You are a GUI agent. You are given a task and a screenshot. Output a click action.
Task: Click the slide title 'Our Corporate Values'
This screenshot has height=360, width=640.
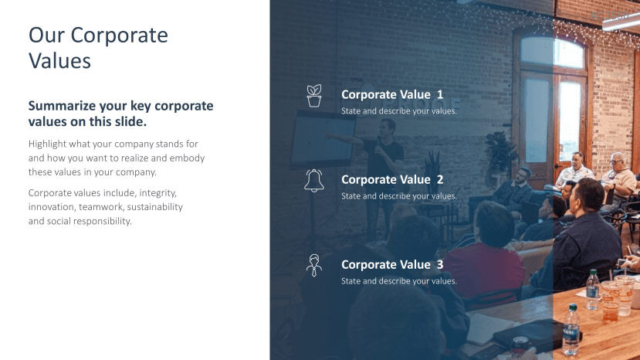point(98,48)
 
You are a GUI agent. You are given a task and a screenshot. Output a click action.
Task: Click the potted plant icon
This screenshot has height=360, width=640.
point(314,96)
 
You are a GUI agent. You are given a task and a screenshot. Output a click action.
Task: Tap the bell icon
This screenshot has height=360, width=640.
point(314,181)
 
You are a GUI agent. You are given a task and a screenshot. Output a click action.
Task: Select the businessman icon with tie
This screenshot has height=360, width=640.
point(314,265)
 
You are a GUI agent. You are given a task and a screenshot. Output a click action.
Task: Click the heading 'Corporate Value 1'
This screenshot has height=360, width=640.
point(392,94)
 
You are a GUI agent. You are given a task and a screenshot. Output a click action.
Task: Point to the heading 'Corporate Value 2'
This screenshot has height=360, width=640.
point(392,179)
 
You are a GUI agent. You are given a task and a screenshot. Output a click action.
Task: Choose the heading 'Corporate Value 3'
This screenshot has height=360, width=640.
point(392,264)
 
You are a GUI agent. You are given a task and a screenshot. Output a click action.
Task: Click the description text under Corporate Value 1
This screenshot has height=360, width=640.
point(399,111)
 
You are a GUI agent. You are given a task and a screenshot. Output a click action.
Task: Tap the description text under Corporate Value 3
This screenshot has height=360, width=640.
point(399,281)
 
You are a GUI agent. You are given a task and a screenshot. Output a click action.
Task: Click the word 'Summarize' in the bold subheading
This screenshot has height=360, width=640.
point(62,106)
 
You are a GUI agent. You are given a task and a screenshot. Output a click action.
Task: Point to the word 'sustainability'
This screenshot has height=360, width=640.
point(154,207)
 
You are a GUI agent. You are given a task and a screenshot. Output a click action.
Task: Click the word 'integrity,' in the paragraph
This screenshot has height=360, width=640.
point(158,193)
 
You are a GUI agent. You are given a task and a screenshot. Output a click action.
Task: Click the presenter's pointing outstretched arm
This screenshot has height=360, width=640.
point(345,138)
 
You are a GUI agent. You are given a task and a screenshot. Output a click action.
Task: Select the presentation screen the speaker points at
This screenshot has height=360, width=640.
point(322,140)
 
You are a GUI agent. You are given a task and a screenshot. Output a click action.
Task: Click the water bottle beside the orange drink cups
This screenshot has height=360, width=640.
point(592,289)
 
